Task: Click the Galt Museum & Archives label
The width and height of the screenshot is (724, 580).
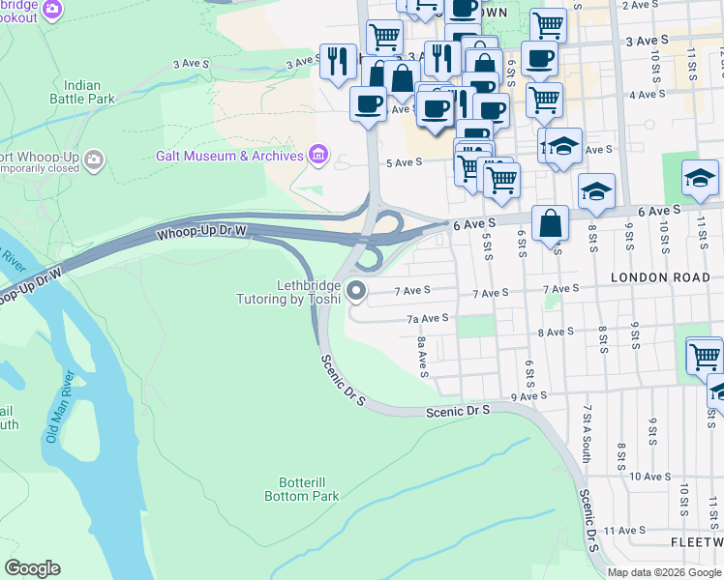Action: click(x=229, y=156)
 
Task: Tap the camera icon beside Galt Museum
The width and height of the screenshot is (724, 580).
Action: click(x=317, y=155)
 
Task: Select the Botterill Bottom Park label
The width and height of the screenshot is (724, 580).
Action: click(x=302, y=489)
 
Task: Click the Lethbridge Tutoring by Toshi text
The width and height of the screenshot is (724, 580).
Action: click(x=288, y=292)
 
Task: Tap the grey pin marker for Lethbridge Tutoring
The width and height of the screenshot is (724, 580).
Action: click(x=357, y=290)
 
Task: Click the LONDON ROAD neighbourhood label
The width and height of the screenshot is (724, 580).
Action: click(x=653, y=277)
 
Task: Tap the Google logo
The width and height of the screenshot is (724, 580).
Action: click(x=32, y=568)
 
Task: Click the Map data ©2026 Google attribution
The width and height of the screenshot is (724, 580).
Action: click(x=663, y=572)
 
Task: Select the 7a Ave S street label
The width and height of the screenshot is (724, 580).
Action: click(x=427, y=317)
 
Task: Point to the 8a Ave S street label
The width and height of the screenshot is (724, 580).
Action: click(x=422, y=357)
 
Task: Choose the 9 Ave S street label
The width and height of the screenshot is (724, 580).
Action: click(x=528, y=395)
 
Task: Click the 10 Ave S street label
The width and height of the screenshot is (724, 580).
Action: click(x=649, y=477)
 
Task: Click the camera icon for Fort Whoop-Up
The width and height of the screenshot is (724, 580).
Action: click(x=94, y=159)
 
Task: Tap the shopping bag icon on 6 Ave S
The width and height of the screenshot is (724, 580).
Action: click(x=550, y=224)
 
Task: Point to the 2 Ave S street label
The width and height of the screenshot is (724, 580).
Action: click(x=640, y=6)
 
